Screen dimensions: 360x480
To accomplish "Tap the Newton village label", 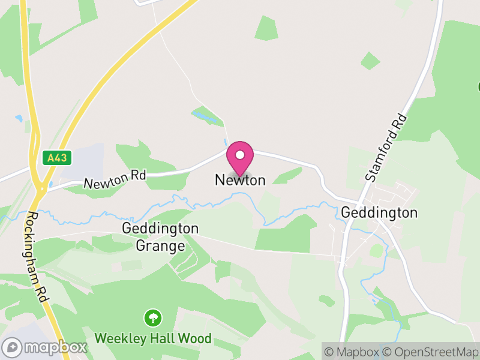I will [240, 180].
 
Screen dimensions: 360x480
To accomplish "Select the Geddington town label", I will [379, 213].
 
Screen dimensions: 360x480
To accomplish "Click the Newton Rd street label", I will [115, 178].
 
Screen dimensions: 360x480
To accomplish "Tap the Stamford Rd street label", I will [386, 148].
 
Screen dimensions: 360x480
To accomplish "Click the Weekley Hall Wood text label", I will [152, 339].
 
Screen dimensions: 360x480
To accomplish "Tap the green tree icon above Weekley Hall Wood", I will [153, 317].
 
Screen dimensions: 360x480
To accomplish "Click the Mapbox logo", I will [45, 347].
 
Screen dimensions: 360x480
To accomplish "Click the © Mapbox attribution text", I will [352, 352].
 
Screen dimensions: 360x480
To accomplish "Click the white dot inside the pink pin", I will [240, 155].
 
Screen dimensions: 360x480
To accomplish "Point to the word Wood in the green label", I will [196, 339].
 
